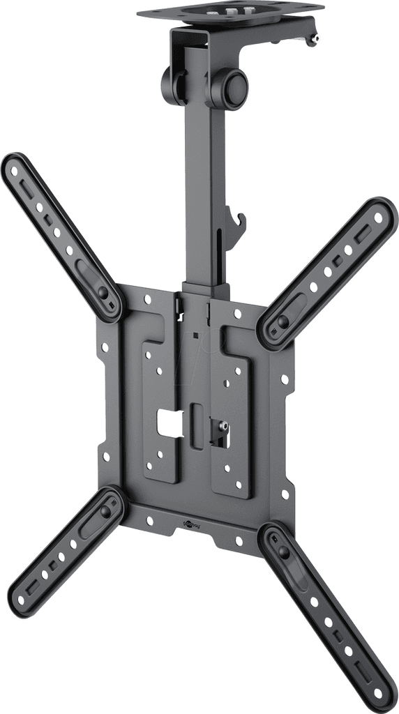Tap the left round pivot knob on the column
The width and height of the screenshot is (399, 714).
pos(170,85)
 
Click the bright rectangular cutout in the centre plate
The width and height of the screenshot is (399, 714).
pos(170,420)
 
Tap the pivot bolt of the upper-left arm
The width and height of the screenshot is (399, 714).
pos(104,294)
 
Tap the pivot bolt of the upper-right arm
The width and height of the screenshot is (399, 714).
pos(283,321)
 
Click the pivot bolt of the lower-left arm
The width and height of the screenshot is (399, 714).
pos(106,511)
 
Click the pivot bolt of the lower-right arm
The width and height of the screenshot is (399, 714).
pos(283,551)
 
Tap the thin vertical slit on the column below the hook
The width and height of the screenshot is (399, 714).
pos(223,258)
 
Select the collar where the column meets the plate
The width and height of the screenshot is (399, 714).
pos(205,289)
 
